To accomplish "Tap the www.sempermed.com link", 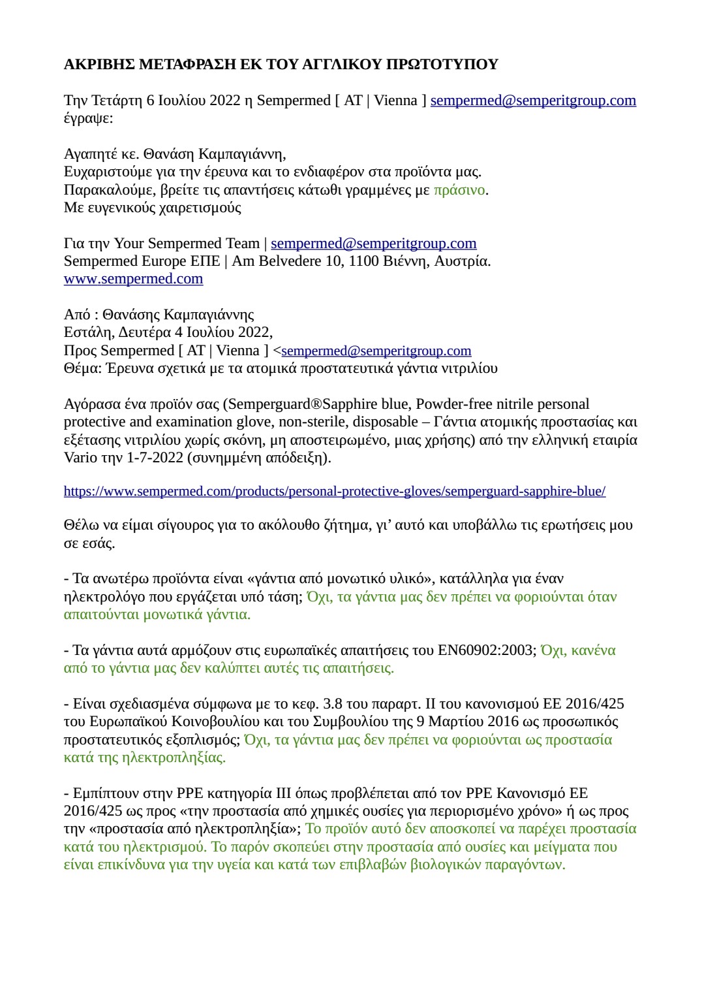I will [x=133, y=279].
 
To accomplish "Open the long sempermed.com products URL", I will [x=334, y=491].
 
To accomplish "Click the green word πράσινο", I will [x=459, y=190].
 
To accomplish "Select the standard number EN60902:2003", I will [x=485, y=650].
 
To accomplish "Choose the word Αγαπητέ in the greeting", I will [x=89, y=154].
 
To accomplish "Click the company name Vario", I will [x=80, y=457].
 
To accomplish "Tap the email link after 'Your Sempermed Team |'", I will [x=373, y=244].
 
